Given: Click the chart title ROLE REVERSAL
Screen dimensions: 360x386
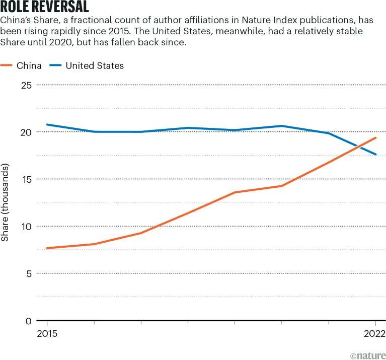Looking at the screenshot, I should [45, 7].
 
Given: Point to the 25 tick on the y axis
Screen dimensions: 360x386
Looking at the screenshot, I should [27, 85].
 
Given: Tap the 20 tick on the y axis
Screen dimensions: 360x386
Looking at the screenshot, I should [27, 132].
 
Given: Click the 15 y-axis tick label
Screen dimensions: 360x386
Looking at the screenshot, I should [27, 179].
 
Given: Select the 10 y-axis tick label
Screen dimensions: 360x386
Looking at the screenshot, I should [27, 227].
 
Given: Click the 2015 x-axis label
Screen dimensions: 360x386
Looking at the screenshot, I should [47, 334].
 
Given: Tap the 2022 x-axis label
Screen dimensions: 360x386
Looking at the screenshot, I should [374, 334].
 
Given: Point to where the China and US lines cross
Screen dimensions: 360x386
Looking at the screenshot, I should [358, 147].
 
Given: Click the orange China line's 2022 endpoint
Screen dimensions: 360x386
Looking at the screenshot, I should [375, 137].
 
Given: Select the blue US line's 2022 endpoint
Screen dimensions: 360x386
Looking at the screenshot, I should [375, 155].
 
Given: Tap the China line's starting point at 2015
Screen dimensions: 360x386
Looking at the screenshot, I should [47, 248].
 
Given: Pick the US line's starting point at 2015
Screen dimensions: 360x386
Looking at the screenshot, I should [47, 124].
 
